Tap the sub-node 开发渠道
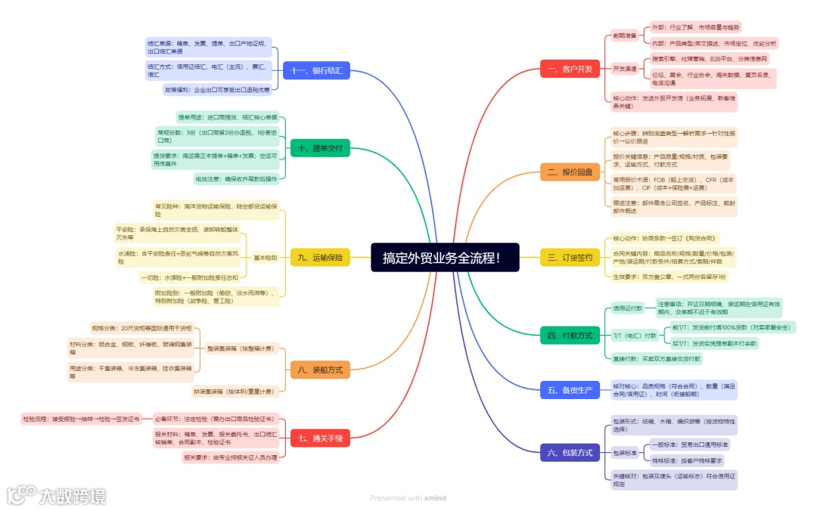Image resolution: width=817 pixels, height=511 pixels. (x=624, y=68)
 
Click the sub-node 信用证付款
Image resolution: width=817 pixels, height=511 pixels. (x=628, y=308)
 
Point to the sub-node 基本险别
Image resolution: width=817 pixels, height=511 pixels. (x=265, y=258)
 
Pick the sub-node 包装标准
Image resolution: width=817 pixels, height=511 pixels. (x=624, y=453)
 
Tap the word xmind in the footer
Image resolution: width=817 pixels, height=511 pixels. (x=435, y=498)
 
